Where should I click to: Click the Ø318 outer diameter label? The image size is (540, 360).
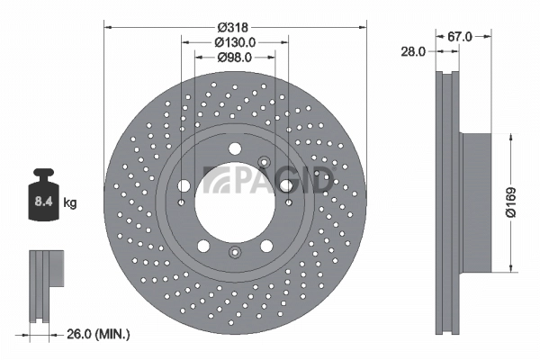(235, 27)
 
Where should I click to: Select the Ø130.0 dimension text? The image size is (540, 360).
(236, 42)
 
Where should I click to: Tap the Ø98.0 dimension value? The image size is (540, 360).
(236, 58)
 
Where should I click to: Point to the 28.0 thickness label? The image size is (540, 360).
(413, 52)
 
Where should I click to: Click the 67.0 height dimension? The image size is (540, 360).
(460, 37)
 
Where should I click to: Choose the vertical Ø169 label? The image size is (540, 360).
(510, 203)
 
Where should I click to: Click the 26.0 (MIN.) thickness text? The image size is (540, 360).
(97, 335)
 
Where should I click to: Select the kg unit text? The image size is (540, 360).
(69, 203)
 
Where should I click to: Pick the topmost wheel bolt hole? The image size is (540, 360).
(235, 149)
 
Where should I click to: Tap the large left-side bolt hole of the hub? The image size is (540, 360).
(184, 186)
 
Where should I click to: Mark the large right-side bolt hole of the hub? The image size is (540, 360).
(286, 185)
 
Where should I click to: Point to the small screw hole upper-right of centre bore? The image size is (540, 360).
(264, 162)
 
